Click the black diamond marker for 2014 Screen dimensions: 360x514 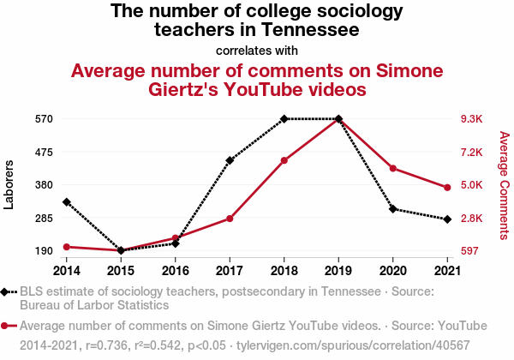click(66, 202)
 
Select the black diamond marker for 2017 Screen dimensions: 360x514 click(230, 160)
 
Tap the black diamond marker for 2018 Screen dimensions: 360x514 click(284, 119)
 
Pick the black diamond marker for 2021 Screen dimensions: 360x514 click(447, 219)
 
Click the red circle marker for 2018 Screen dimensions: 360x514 click(284, 160)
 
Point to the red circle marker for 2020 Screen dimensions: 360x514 click(392, 168)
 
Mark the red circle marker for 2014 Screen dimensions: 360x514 click(66, 247)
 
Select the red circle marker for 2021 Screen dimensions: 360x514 click(447, 188)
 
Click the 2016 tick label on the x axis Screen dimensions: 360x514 click(175, 271)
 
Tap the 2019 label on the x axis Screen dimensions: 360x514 click(338, 271)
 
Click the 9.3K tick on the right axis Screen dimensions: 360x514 click(472, 119)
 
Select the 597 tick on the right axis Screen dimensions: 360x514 click(469, 251)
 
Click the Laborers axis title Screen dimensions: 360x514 click(9, 184)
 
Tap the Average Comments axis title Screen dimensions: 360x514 click(504, 184)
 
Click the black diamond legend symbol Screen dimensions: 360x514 click(7, 291)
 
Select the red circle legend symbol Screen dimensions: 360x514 click(7, 326)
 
